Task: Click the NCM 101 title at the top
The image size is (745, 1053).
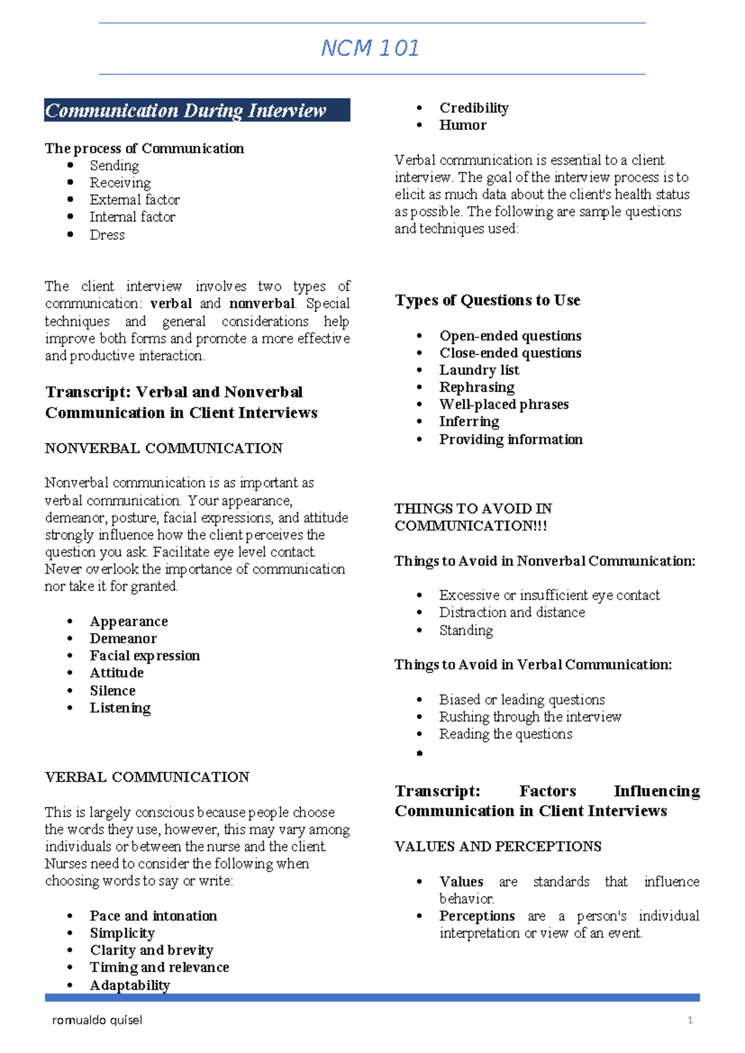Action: pos(370,48)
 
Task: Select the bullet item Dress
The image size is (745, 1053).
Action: pos(107,235)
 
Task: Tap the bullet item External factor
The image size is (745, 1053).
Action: pos(135,200)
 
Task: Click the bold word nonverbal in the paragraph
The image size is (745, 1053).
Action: pos(261,304)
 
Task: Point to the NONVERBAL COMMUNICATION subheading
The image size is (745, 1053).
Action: pos(164,448)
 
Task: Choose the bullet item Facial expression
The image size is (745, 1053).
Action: pos(145,656)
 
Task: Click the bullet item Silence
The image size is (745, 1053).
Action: pos(112,690)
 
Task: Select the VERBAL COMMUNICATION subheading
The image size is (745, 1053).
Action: pos(147,777)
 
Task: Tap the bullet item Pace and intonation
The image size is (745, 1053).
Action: pos(153,916)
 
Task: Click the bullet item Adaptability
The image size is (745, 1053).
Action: pos(130,985)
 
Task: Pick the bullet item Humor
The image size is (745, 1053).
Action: pos(463,125)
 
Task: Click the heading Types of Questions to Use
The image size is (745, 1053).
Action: pos(487,301)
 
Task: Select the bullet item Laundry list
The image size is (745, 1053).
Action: pos(479,370)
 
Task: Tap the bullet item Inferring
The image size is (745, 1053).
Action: pos(469,422)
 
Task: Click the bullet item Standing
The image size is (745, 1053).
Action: pos(466,630)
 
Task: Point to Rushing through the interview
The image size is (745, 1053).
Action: pos(530,717)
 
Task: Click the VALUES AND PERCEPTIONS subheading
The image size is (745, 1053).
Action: pos(498,847)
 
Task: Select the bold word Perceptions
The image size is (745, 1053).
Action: pos(477,916)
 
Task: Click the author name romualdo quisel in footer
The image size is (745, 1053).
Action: pos(97,1020)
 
